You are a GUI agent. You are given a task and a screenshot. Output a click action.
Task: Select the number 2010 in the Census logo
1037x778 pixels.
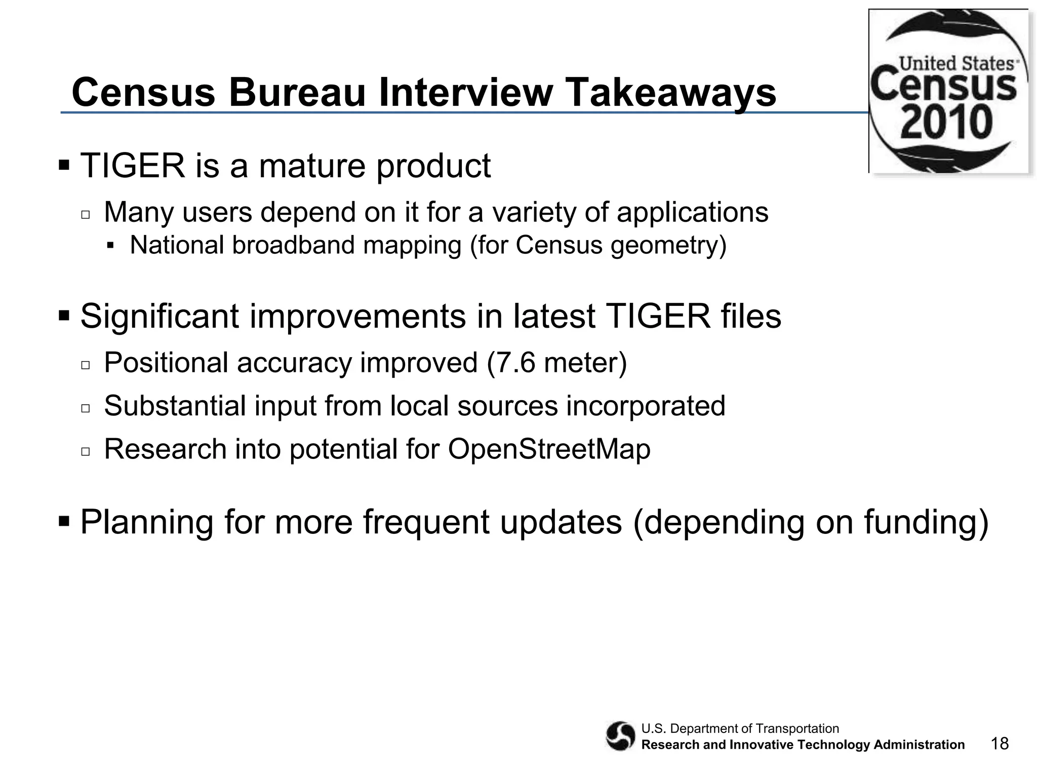coord(946,123)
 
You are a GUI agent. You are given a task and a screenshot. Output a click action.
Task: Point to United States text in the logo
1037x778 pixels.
coord(956,64)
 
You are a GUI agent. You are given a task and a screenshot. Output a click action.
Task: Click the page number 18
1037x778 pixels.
coord(1000,744)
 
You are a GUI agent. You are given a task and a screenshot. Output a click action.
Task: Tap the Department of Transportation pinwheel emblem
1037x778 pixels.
coord(620,736)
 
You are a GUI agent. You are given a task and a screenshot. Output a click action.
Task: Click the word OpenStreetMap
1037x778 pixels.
coord(549,449)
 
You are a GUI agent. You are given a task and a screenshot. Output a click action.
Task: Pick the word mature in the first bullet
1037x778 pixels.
coord(312,166)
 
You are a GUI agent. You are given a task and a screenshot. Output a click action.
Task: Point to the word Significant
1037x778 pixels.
coord(159,316)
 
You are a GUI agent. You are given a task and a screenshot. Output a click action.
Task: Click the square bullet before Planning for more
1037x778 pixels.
coord(64,521)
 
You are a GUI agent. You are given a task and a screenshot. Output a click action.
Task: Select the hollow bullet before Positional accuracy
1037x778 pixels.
coord(85,365)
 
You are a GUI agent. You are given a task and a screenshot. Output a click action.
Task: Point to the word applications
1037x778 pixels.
coord(692,212)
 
